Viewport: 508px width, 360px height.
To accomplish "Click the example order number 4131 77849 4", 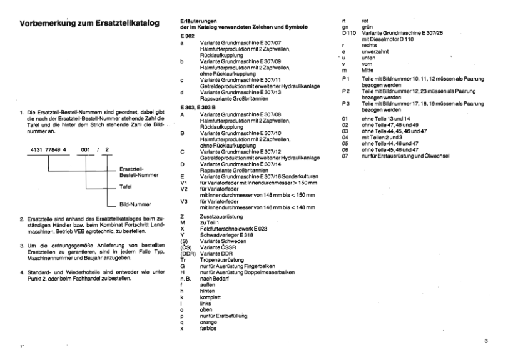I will [x=45, y=151].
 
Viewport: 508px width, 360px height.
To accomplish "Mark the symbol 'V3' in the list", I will [x=184, y=202].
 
